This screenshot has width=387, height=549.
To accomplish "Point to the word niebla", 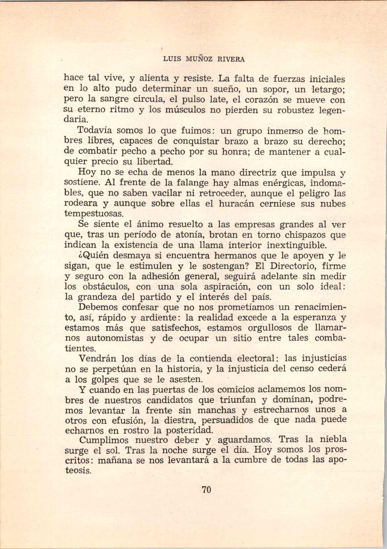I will [331, 440].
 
